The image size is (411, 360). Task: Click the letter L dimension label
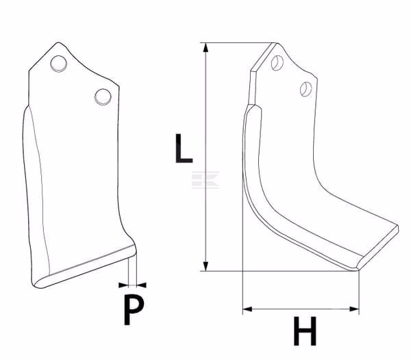(184, 149)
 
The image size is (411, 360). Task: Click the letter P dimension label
(134, 310)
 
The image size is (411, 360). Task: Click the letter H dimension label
(305, 331)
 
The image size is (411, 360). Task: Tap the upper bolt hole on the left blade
(59, 64)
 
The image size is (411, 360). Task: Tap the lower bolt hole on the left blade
(103, 97)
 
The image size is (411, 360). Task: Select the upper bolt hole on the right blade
(277, 63)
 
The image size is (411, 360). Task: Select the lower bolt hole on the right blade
(306, 89)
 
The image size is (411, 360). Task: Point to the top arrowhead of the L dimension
(206, 47)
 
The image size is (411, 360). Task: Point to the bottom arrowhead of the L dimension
(206, 266)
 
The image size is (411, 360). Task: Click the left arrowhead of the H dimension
(247, 309)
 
